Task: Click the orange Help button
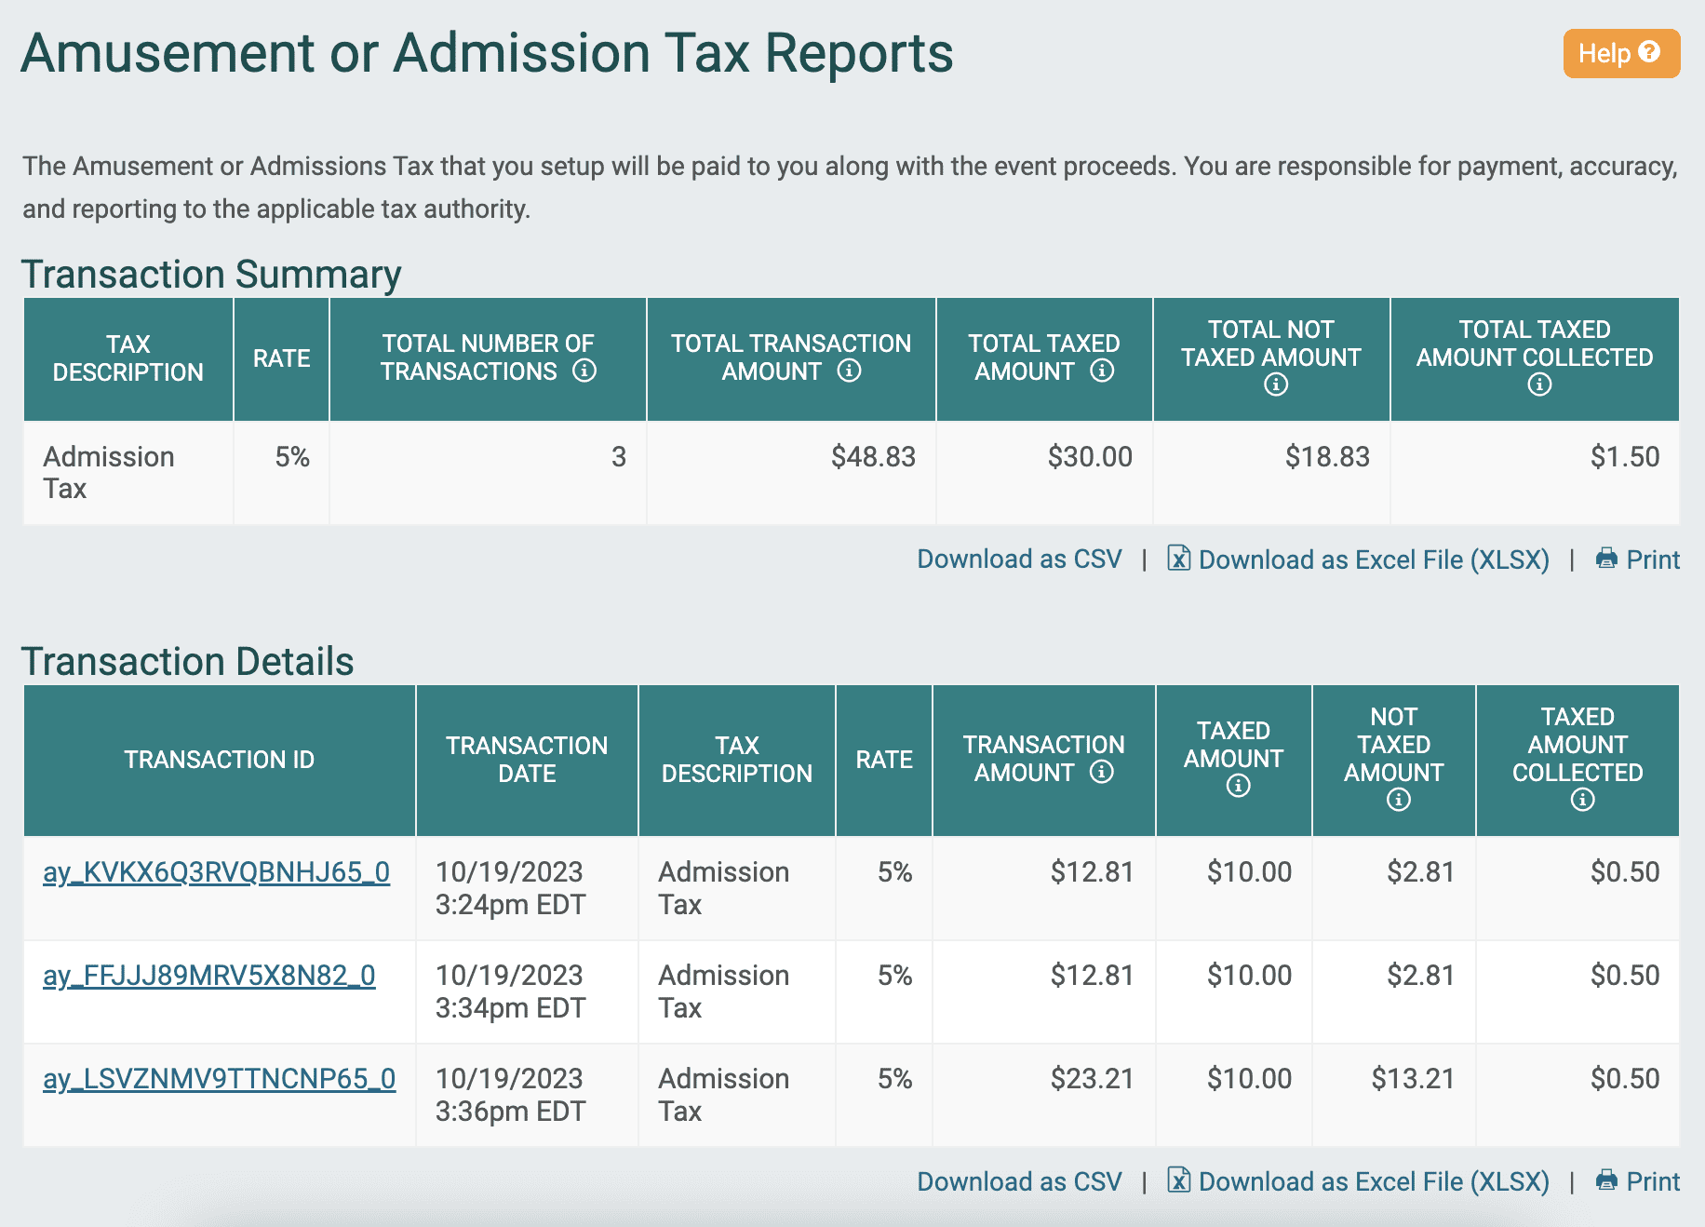[x=1620, y=53]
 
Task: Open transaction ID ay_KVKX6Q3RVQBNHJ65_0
[x=216, y=872]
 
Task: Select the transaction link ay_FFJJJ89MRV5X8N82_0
[x=208, y=976]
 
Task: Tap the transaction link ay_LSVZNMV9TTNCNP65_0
[x=219, y=1079]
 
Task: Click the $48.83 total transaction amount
[x=873, y=457]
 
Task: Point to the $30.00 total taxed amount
[x=1089, y=457]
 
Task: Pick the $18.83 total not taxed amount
[x=1326, y=457]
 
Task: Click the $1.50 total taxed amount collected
[x=1624, y=457]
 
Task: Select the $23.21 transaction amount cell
[x=1092, y=1079]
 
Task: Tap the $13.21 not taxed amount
[x=1412, y=1079]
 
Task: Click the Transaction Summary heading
[x=211, y=275]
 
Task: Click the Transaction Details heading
[x=187, y=662]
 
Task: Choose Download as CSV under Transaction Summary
[x=1019, y=560]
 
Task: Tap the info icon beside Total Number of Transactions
[x=584, y=371]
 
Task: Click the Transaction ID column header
[x=219, y=760]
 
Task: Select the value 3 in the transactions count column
[x=618, y=457]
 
